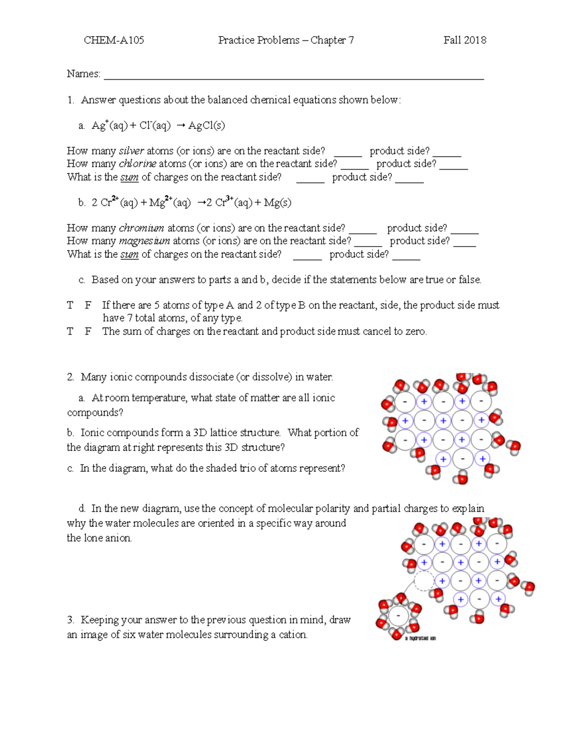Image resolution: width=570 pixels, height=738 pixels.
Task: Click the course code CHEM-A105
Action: (x=114, y=40)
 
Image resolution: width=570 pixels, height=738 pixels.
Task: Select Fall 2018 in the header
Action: (x=465, y=40)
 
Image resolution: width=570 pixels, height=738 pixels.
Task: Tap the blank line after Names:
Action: (x=294, y=76)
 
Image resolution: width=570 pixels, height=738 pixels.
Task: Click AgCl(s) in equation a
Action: (x=207, y=125)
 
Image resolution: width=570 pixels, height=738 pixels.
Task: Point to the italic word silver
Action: (x=131, y=151)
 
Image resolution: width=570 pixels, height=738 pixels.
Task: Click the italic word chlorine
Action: (x=137, y=164)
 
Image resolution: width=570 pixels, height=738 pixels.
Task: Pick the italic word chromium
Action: (x=141, y=228)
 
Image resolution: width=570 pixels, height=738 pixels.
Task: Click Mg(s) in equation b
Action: (x=277, y=203)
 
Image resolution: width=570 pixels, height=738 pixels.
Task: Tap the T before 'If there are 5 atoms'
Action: (x=70, y=305)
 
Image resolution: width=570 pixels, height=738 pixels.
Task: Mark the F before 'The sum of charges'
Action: (x=88, y=332)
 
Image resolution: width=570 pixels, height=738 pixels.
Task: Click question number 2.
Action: (x=70, y=377)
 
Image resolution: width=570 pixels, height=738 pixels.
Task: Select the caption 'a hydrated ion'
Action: (x=420, y=638)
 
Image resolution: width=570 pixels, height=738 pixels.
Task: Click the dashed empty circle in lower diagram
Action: (x=424, y=581)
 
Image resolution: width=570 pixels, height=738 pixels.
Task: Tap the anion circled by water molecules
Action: (x=398, y=616)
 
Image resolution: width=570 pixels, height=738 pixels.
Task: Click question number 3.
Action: (x=70, y=620)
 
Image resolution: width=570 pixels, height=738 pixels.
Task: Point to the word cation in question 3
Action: (x=292, y=635)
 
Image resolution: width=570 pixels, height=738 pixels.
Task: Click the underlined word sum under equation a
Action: (x=129, y=178)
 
